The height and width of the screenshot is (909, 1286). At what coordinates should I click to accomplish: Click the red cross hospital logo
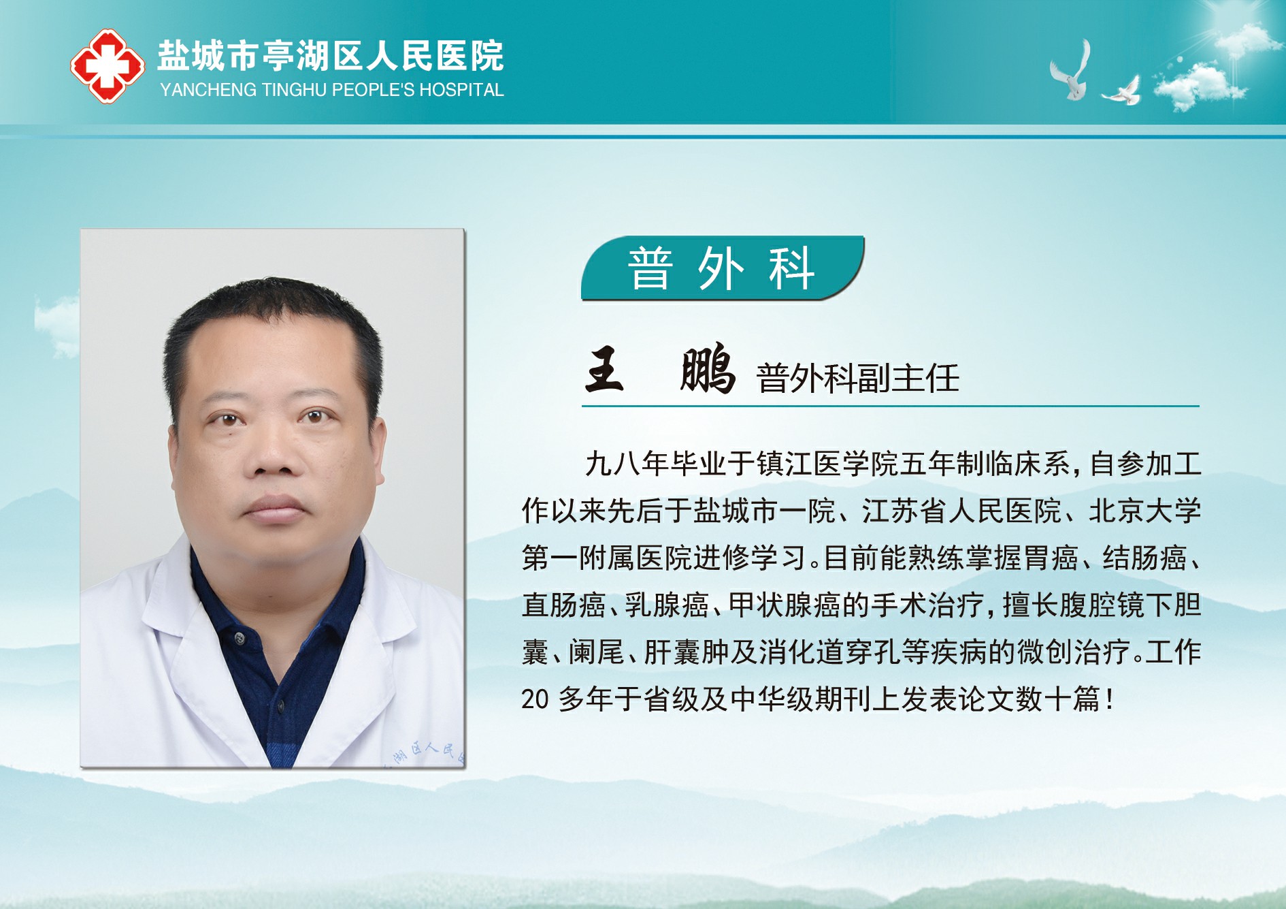pyautogui.click(x=108, y=66)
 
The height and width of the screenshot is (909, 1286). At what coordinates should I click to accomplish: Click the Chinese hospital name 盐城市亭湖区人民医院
pyautogui.click(x=331, y=56)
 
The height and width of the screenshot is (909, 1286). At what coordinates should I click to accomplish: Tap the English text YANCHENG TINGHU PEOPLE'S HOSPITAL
pyautogui.click(x=332, y=90)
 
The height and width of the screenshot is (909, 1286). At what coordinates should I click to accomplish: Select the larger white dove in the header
pyautogui.click(x=1071, y=70)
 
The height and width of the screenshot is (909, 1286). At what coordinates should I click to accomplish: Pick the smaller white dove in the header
pyautogui.click(x=1122, y=91)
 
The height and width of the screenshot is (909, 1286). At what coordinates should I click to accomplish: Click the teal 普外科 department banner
pyautogui.click(x=722, y=268)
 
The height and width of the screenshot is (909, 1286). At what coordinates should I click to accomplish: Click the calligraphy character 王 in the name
pyautogui.click(x=604, y=369)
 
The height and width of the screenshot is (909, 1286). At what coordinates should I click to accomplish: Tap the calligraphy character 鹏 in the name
pyautogui.click(x=708, y=369)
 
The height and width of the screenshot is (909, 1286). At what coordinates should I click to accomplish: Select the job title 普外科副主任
pyautogui.click(x=857, y=379)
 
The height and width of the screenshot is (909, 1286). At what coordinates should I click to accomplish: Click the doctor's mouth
pyautogui.click(x=275, y=507)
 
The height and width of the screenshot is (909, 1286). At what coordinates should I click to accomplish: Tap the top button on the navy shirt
pyautogui.click(x=239, y=638)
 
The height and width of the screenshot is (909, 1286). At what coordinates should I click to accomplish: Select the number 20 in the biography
pyautogui.click(x=535, y=699)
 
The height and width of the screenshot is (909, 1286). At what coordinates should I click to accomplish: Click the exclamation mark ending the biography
pyautogui.click(x=1110, y=699)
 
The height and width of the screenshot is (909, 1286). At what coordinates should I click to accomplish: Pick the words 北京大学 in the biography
pyautogui.click(x=1145, y=511)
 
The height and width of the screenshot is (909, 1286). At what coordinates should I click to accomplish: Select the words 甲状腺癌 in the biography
pyautogui.click(x=785, y=605)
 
